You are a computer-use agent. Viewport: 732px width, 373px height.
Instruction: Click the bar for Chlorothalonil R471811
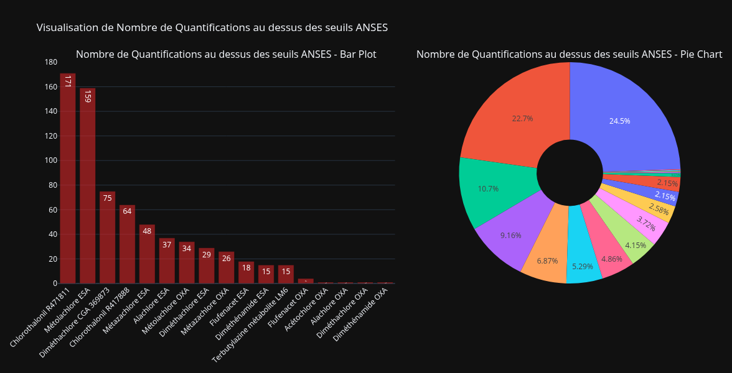67,180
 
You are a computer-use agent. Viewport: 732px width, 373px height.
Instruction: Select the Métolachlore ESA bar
87,186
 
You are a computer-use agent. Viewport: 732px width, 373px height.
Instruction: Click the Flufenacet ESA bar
246,272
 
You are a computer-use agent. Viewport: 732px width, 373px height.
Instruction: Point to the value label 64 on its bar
127,211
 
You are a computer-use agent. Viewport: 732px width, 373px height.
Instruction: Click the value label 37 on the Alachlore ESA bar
167,245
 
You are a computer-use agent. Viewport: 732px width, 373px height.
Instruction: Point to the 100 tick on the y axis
51,160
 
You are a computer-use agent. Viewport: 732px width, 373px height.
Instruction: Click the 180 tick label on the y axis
51,62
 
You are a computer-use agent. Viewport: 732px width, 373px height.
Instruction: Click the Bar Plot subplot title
226,55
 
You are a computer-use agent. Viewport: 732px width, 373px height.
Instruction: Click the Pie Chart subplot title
569,55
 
